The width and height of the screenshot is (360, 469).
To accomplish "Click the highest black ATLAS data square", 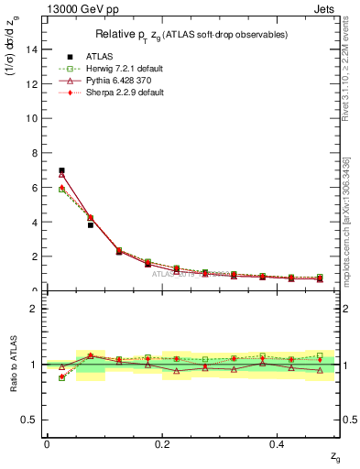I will [61, 170].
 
